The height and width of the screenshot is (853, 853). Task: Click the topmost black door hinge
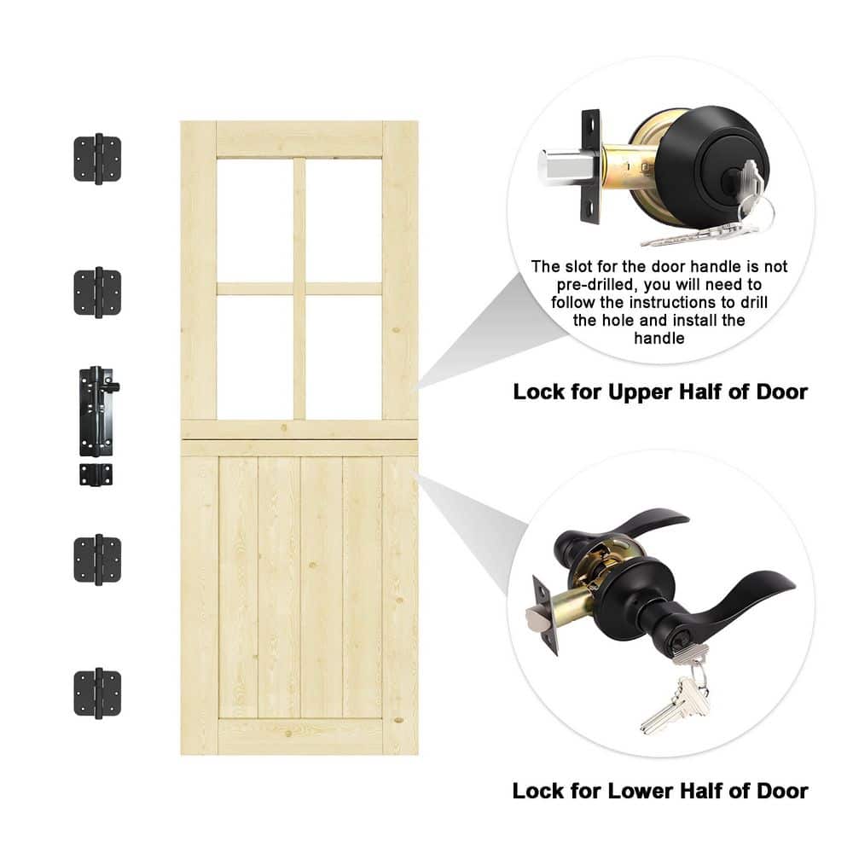(97, 159)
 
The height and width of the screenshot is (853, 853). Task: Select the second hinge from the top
(97, 292)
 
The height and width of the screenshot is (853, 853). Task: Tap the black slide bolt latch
(97, 411)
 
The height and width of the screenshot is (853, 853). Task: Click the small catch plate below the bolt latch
(96, 474)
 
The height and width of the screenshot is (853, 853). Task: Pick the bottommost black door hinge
(97, 693)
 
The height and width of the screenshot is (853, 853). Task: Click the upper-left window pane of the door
(254, 220)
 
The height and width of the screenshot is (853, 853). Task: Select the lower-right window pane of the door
(344, 357)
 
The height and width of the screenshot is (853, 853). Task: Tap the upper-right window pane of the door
(344, 220)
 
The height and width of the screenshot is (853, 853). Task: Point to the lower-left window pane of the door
(254, 357)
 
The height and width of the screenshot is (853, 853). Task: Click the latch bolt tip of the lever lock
(537, 619)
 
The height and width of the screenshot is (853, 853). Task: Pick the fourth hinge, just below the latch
(97, 560)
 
